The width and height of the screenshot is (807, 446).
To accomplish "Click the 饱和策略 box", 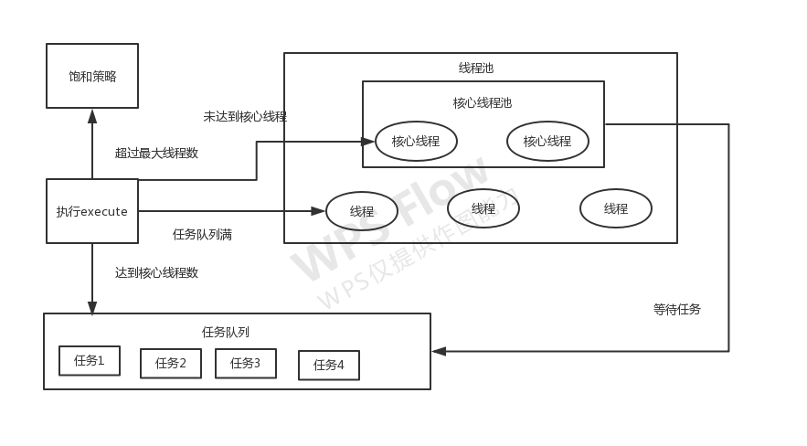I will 92,76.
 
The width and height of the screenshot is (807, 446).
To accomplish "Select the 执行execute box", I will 91,211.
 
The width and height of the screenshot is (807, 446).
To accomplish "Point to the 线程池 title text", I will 475,68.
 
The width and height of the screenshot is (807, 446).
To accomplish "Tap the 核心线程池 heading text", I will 483,102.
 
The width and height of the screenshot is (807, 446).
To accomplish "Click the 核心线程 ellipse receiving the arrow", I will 416,141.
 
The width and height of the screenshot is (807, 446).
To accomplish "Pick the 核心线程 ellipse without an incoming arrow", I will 547,141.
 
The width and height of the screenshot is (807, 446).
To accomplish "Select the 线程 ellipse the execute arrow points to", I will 362,211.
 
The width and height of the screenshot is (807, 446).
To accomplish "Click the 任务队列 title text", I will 226,332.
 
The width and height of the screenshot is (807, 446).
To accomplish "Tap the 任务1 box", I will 89,360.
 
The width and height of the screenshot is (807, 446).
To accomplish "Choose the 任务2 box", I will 170,363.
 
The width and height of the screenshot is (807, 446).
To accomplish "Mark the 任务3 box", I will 245,363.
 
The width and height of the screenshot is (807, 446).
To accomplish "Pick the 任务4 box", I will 328,365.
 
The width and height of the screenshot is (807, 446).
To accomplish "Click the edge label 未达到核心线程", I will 245,116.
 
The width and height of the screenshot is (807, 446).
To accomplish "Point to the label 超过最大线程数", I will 156,153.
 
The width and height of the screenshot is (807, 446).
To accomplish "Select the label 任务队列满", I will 202,234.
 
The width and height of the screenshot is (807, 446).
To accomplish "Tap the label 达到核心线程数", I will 156,272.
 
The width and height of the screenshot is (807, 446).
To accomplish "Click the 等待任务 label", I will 676,309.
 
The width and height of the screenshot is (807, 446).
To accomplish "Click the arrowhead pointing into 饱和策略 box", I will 92,115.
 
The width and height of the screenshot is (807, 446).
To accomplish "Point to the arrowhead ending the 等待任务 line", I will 439,351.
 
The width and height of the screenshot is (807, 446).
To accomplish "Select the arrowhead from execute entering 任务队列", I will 92,308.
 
